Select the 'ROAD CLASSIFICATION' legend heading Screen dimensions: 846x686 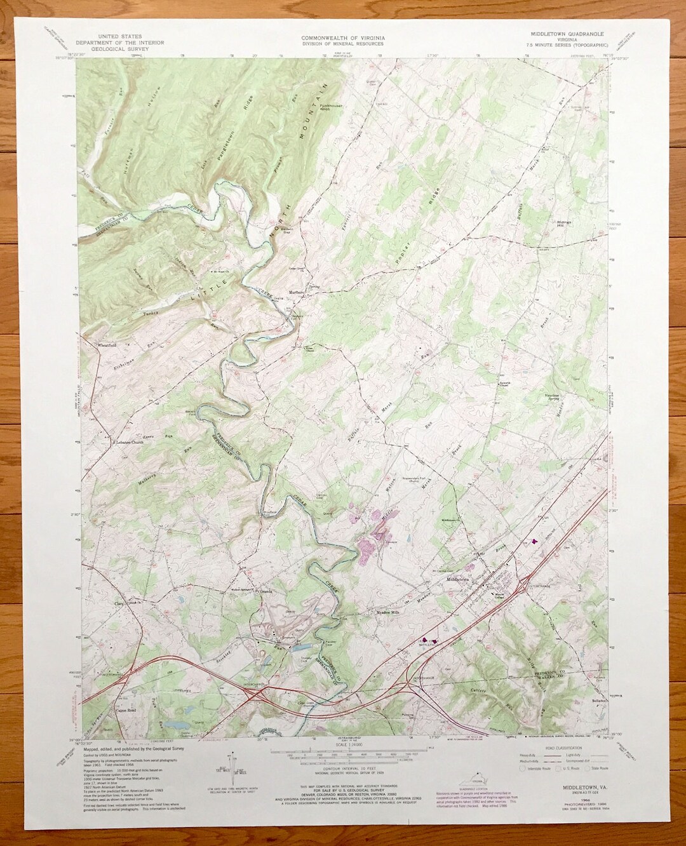pyautogui.click(x=556, y=749)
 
